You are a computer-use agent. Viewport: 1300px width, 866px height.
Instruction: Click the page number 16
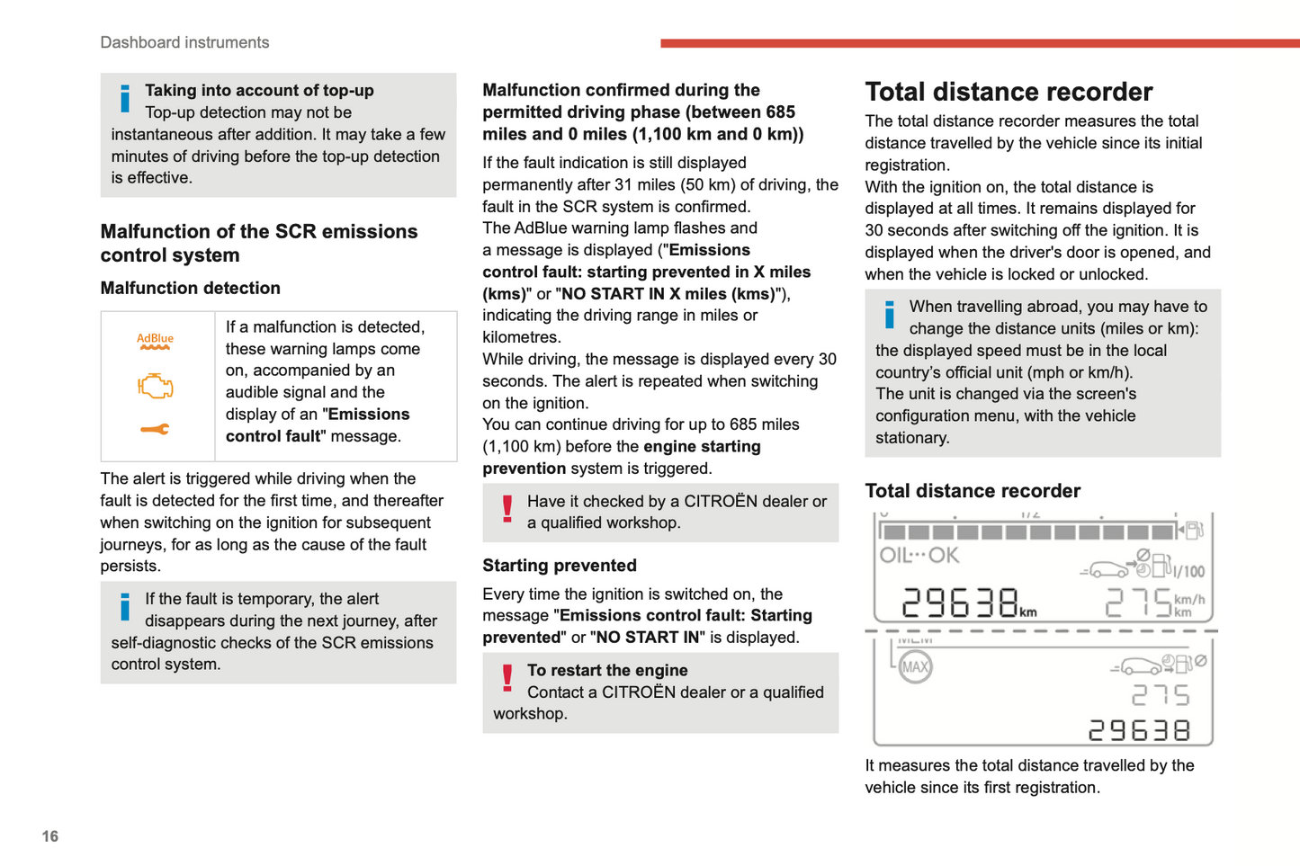pos(50,836)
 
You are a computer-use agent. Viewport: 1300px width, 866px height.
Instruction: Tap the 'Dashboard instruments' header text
pos(184,42)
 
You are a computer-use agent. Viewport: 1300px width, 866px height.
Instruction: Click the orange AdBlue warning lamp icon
pos(155,342)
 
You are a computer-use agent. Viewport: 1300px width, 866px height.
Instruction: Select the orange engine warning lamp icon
pos(155,387)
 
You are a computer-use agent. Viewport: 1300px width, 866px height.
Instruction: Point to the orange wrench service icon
pos(155,430)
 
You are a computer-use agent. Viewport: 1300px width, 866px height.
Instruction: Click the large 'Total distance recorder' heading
pos(1009,92)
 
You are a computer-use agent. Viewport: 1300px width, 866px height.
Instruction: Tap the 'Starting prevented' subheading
pos(560,566)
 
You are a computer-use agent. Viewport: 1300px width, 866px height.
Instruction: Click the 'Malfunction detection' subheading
pos(191,288)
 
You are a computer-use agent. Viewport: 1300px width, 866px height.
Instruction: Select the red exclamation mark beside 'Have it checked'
pos(507,509)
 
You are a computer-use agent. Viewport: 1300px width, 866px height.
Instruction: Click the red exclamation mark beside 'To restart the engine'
pos(507,678)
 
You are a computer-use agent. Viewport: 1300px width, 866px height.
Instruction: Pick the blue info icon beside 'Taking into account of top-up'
pos(125,98)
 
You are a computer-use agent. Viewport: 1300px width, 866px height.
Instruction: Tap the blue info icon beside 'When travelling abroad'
pos(890,315)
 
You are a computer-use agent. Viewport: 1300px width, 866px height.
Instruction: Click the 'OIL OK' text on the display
pos(919,556)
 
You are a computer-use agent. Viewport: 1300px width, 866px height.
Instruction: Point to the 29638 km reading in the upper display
pos(968,603)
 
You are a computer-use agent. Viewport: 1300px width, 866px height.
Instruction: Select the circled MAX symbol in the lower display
pos(915,667)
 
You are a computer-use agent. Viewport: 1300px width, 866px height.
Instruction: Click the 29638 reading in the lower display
pos(1140,730)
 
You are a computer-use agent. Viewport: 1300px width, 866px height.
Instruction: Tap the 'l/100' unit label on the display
pos(1189,572)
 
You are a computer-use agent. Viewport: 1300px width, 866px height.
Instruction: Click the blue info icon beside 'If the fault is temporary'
pos(125,607)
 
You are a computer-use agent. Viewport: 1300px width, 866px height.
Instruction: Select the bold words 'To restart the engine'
pos(607,671)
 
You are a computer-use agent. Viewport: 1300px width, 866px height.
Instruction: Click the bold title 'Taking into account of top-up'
pos(259,91)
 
